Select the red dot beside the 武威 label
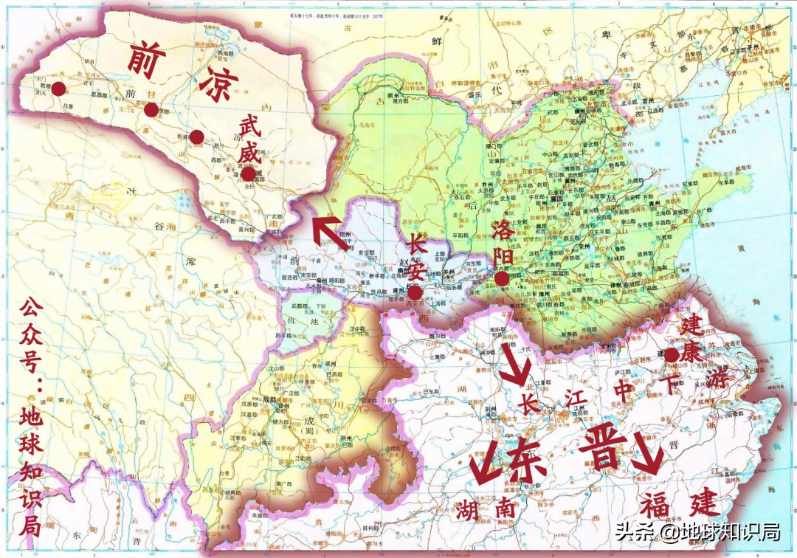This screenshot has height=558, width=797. point(248,173)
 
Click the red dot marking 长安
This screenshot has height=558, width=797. point(415,292)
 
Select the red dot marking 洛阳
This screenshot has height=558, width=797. point(502,279)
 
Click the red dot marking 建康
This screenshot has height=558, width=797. point(672,355)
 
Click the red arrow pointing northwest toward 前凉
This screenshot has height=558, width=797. point(324,230)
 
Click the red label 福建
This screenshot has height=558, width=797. point(678,505)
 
